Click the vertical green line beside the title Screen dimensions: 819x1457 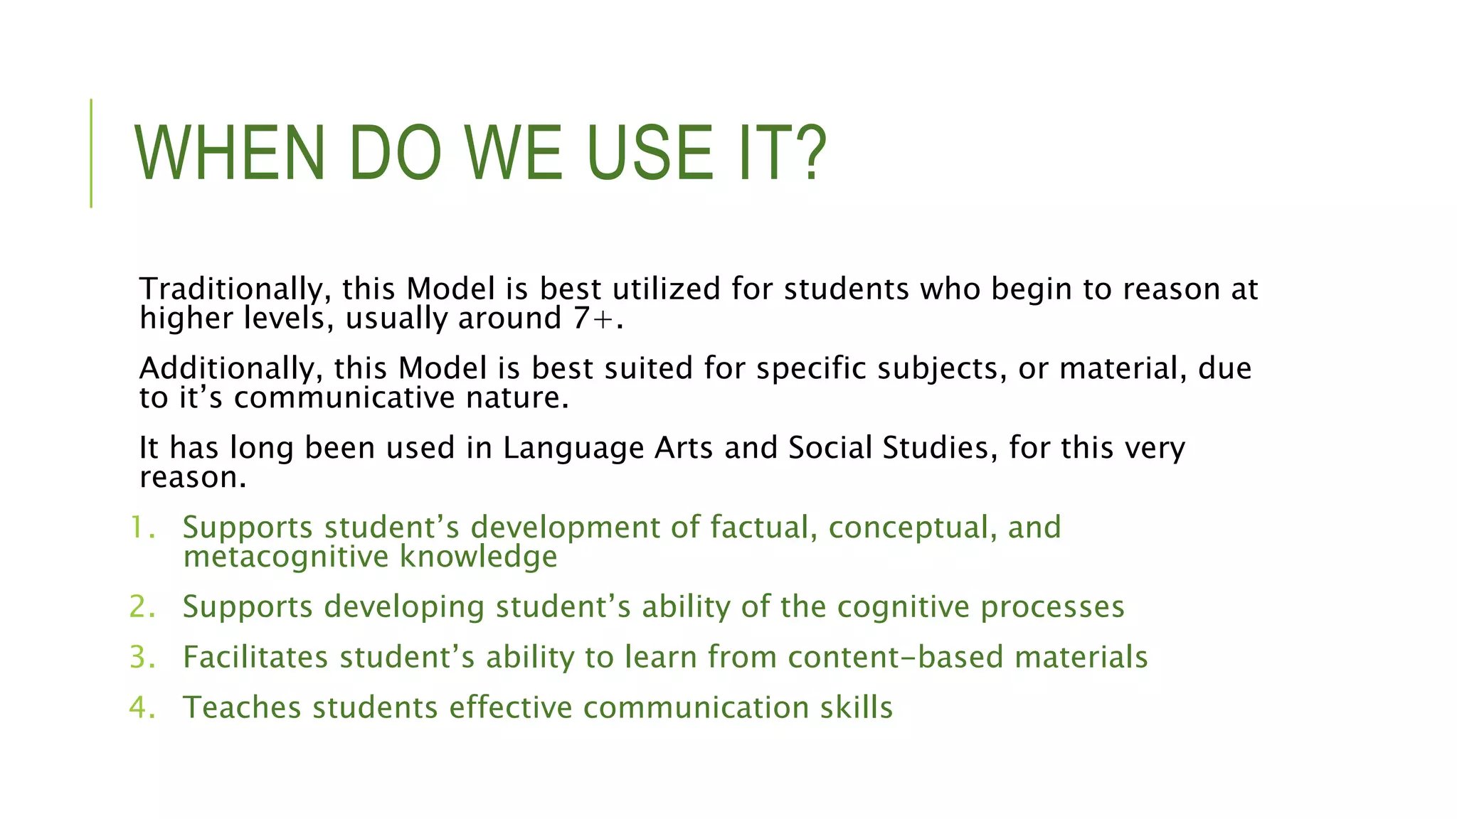click(91, 154)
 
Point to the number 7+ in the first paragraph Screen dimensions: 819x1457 click(593, 318)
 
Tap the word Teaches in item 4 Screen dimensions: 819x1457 click(242, 708)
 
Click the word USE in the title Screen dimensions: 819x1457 click(650, 154)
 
